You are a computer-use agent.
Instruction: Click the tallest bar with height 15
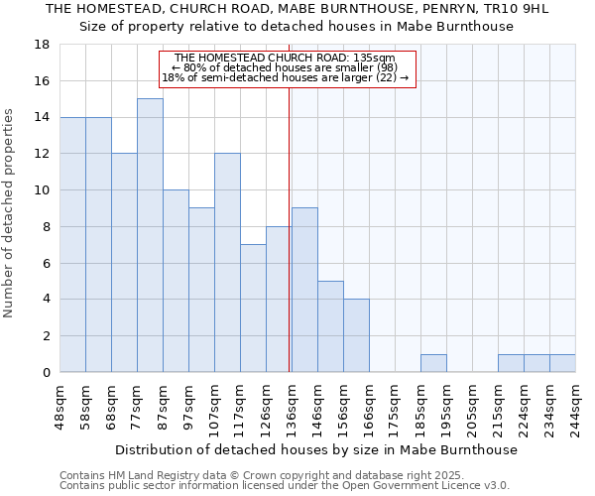coord(150,235)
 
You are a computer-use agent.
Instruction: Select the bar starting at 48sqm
coord(72,244)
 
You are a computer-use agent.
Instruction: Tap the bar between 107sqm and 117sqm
coord(227,263)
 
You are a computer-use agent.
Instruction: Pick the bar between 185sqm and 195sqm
coord(433,363)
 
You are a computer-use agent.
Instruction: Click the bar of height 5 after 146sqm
coord(330,326)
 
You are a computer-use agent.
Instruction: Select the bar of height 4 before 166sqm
coord(356,335)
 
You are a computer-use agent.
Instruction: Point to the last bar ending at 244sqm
coord(562,363)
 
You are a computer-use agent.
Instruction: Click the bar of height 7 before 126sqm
coord(253,309)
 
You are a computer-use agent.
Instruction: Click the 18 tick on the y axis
coord(42,45)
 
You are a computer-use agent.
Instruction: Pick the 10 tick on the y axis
coord(42,190)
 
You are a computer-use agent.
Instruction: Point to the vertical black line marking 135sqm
coord(289,228)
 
